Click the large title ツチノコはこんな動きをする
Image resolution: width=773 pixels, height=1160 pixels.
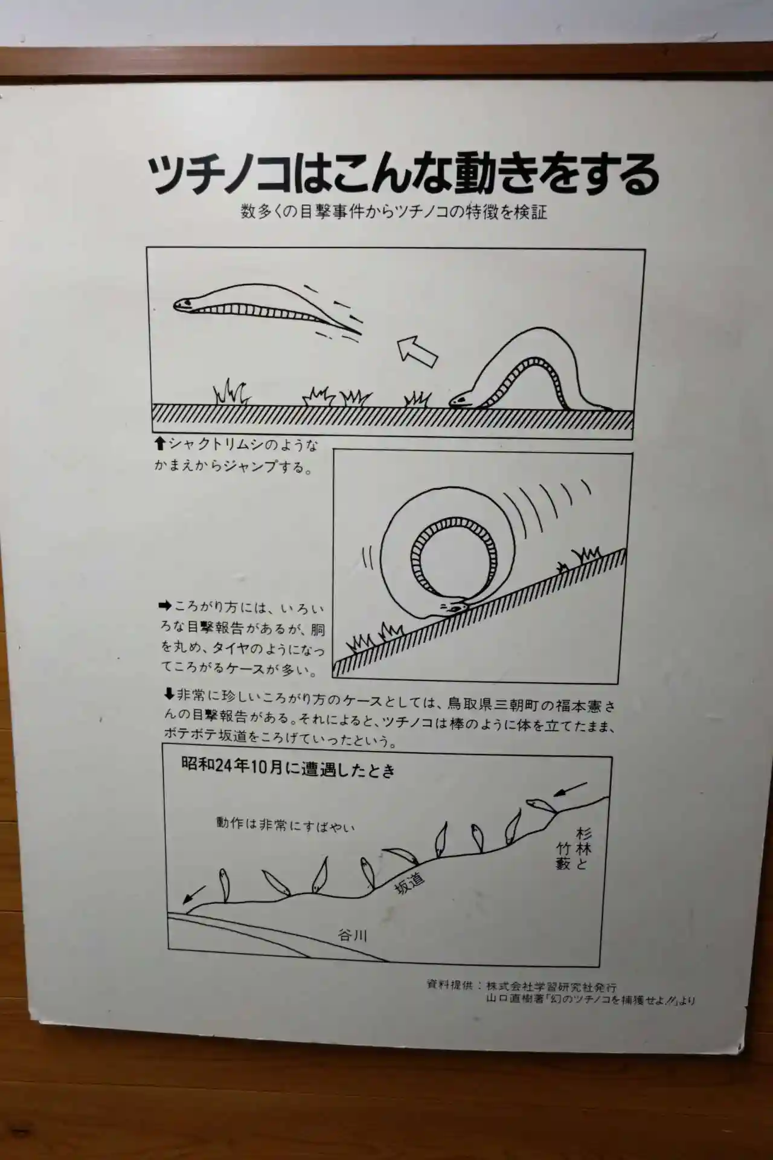point(403,175)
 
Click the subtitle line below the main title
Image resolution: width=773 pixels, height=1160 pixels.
point(394,211)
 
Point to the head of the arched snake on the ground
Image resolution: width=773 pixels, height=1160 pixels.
point(461,399)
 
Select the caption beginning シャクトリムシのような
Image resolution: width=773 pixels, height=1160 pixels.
point(236,456)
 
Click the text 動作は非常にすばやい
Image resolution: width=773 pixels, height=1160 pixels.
point(286,824)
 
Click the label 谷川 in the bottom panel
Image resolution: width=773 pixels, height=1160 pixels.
point(352,936)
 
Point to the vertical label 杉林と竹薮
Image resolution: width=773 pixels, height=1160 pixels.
point(574,848)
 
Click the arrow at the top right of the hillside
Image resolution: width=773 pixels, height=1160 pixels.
point(570,788)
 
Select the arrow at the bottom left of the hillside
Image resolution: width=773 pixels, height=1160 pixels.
point(195,893)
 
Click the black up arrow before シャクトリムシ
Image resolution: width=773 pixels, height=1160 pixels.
point(160,444)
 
